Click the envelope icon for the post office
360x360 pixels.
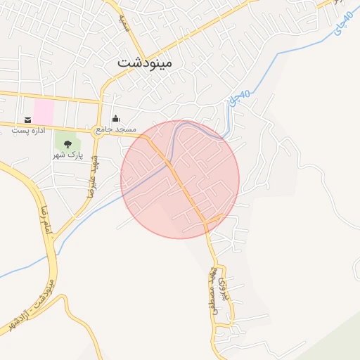click(x=27, y=120)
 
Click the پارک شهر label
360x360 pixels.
click(x=68, y=155)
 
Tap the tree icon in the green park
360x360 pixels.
click(x=67, y=144)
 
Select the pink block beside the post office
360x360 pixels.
click(x=43, y=111)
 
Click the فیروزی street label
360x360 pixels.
click(x=225, y=288)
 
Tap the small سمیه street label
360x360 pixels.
click(x=124, y=26)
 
